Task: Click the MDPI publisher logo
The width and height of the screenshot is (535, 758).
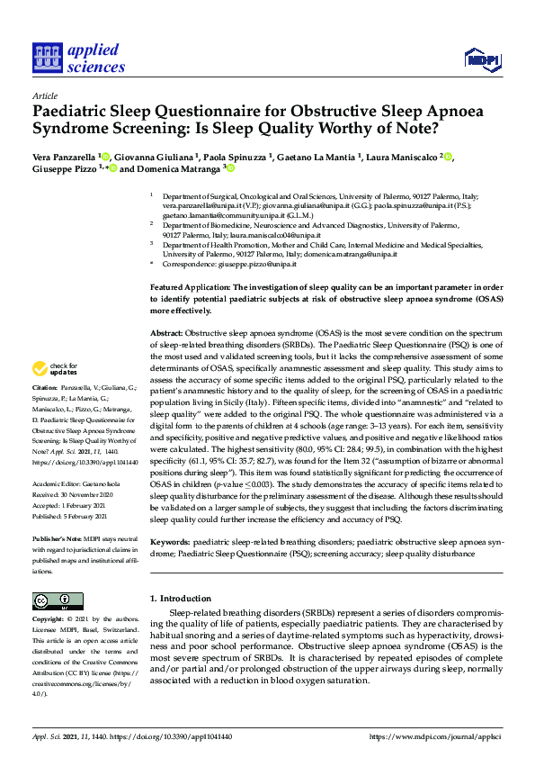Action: [x=482, y=59]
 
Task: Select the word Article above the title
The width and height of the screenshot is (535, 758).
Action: [x=44, y=95]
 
